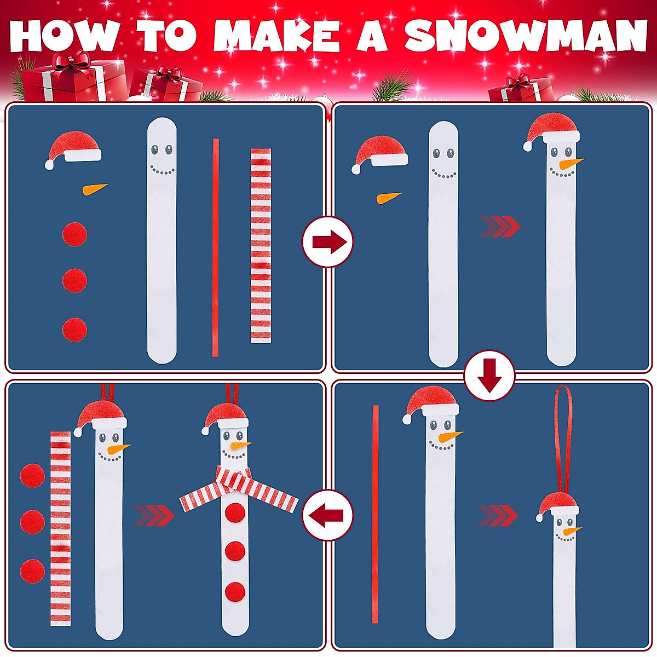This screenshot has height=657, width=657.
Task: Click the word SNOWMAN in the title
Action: [526, 37]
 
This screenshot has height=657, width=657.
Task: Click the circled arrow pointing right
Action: [328, 242]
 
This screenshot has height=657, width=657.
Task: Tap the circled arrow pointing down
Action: [489, 376]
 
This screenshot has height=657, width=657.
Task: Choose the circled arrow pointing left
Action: [328, 515]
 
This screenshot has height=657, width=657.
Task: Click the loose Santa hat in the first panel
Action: [74, 148]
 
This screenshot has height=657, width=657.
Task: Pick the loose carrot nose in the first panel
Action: [94, 189]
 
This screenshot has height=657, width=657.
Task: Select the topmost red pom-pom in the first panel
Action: [74, 234]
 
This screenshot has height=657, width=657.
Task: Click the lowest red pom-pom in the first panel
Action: [74, 330]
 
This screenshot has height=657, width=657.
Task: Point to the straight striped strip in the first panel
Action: [261, 246]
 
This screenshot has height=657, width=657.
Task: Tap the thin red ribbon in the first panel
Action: [216, 247]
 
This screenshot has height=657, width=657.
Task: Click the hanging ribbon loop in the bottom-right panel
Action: [562, 438]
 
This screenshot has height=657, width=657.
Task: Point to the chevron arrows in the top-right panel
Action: [499, 227]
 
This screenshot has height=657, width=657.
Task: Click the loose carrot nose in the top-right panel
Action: [389, 197]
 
